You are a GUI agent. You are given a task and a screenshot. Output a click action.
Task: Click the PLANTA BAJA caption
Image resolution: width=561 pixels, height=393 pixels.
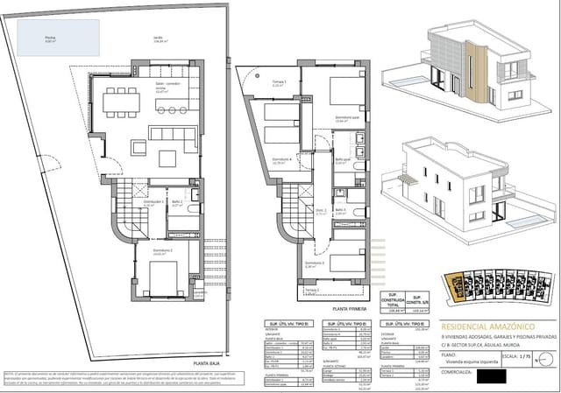point(207,361)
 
